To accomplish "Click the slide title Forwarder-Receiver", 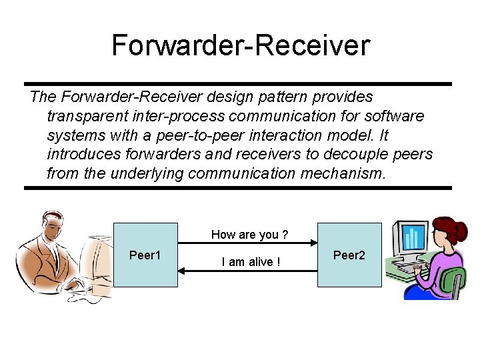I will coord(240,45).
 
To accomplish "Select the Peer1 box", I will coord(146,255).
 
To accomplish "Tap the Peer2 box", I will coord(349,255).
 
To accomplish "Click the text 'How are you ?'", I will coord(249,234).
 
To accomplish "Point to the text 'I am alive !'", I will coord(250,262).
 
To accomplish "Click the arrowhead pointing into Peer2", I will coord(313,243).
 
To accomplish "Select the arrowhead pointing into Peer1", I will coord(182,270).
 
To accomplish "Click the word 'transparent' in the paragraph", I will coord(83,116).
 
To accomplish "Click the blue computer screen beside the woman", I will coord(413,239).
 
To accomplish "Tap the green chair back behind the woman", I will coord(455,280).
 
